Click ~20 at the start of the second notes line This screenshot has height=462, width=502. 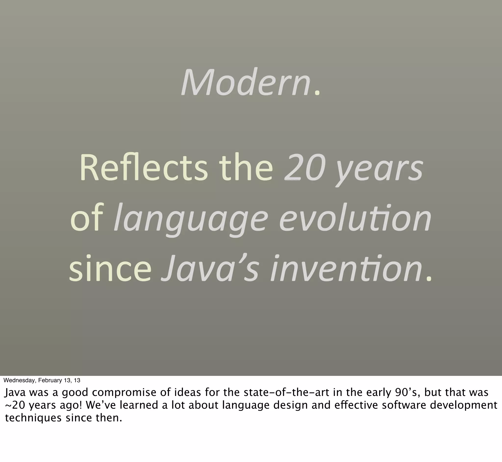15,405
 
